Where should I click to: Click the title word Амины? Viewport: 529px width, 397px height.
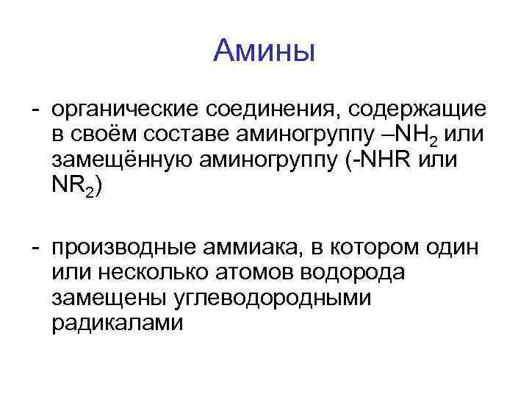(264, 51)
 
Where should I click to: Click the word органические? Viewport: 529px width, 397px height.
(120, 110)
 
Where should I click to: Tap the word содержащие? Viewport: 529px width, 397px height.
(416, 110)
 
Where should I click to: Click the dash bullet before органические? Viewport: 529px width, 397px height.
(35, 110)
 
